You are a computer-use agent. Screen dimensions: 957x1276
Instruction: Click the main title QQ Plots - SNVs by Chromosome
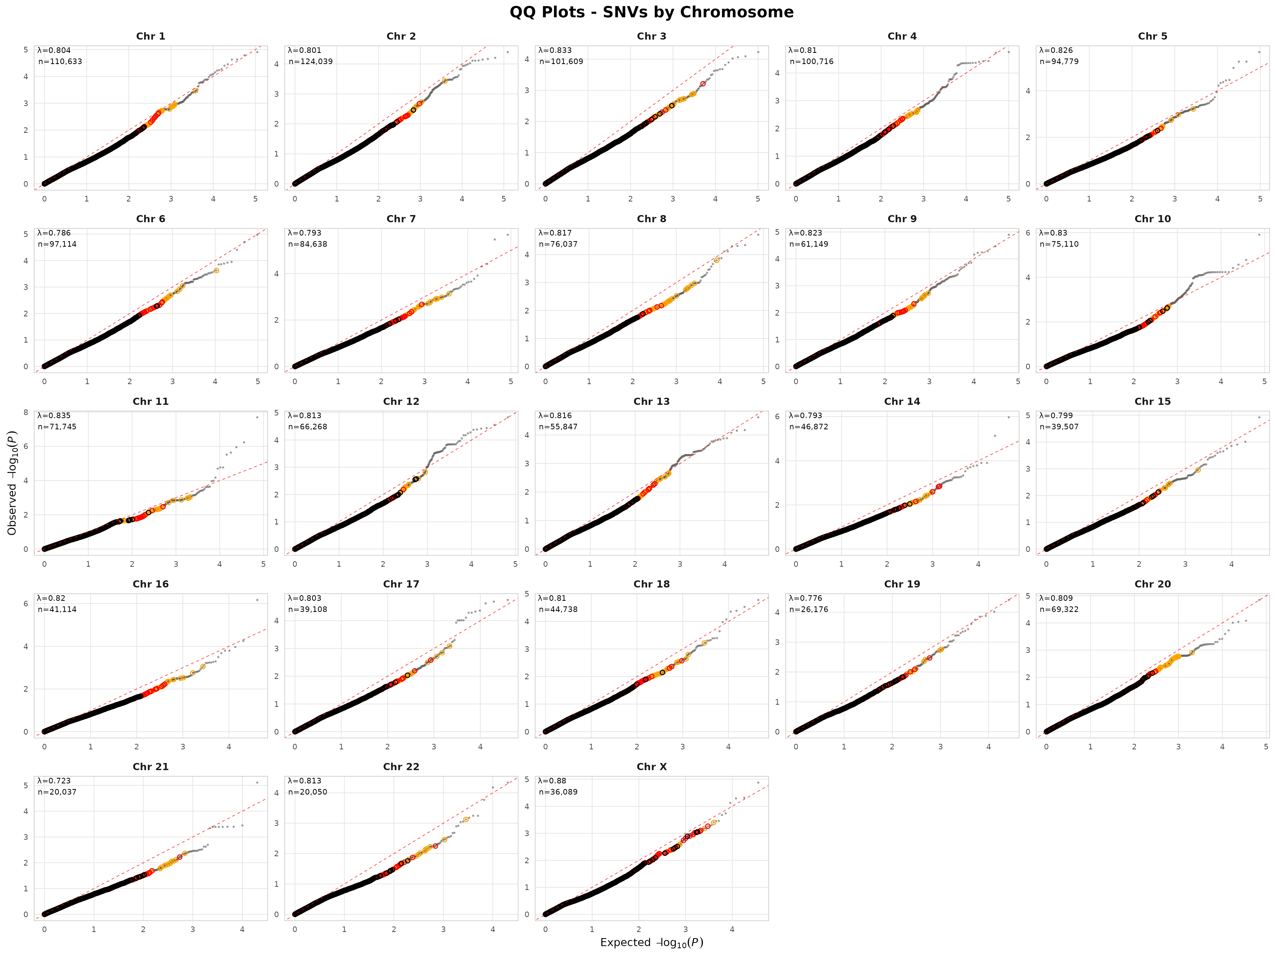(651, 12)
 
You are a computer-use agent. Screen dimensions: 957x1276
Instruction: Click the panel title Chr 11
(150, 401)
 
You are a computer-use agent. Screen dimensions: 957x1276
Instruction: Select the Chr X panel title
(651, 767)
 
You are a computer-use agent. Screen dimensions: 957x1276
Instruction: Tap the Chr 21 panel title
(150, 767)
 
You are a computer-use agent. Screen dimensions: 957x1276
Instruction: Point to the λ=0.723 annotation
(54, 780)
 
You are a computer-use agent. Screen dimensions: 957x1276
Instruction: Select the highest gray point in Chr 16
(257, 600)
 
